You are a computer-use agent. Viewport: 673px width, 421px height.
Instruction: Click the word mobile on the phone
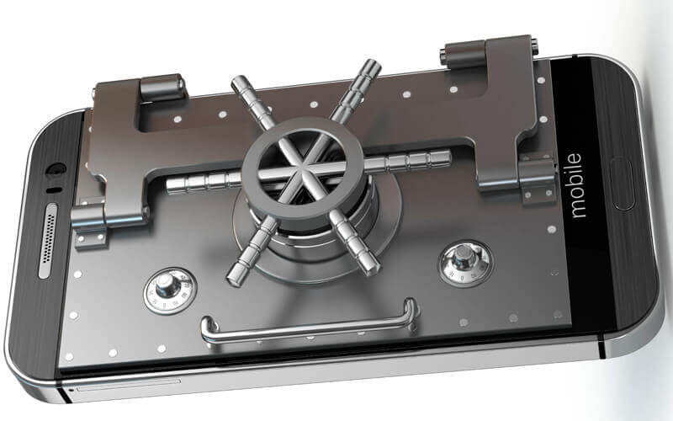coord(576,185)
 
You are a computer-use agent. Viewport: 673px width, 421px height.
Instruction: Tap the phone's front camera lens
coord(56,169)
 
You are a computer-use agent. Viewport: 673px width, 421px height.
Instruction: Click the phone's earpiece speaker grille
coord(48,241)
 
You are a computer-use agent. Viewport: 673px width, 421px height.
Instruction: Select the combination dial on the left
coord(170,290)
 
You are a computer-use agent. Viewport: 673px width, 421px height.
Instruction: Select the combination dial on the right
coord(466,263)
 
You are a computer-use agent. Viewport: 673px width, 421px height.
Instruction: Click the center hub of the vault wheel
coord(305,168)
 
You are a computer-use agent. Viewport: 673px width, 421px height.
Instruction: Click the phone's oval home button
coord(621,184)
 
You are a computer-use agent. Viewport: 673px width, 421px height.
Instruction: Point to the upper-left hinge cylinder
coord(162,88)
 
